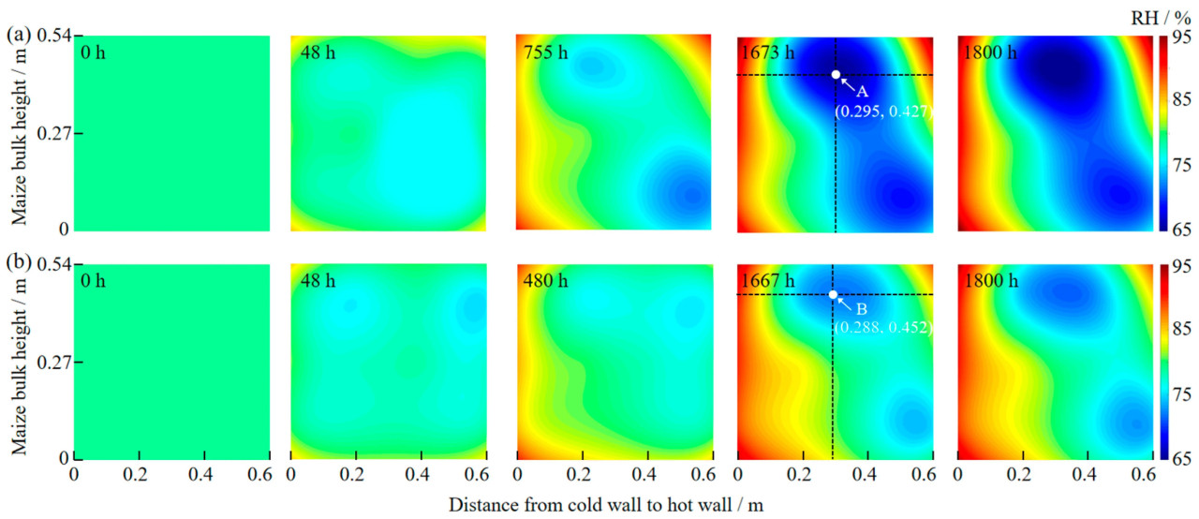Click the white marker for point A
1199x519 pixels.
pyautogui.click(x=836, y=75)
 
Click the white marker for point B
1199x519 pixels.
pyautogui.click(x=833, y=295)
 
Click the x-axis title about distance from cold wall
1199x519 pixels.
pyautogui.click(x=606, y=505)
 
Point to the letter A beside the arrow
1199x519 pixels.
pyautogui.click(x=863, y=91)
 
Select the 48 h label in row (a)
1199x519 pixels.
pyautogui.click(x=318, y=52)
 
